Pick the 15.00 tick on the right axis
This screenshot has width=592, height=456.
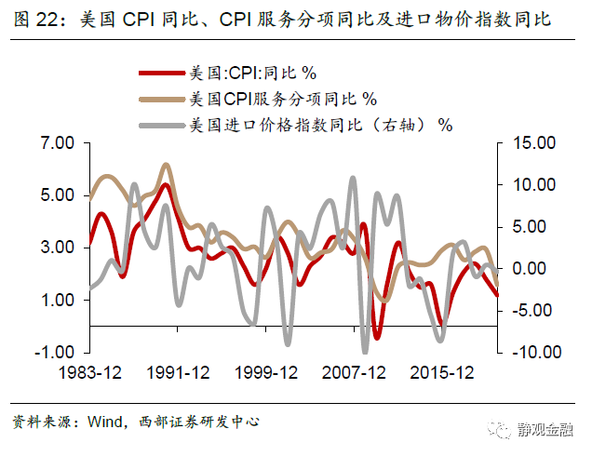pos(531,143)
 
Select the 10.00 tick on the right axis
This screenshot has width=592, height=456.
pos(531,185)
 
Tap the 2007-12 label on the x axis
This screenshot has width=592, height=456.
pos(354,373)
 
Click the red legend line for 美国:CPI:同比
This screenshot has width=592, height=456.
pos(160,73)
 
